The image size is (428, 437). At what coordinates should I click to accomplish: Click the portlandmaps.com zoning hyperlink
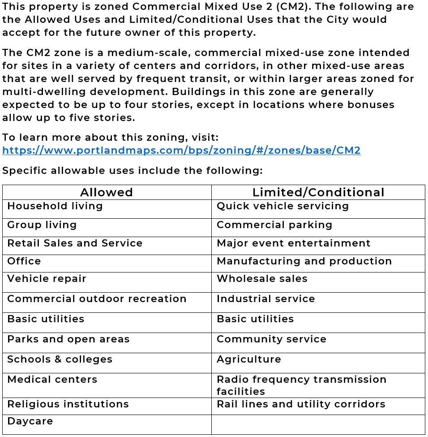pos(181,151)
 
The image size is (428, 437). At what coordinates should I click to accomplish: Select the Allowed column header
pos(107,192)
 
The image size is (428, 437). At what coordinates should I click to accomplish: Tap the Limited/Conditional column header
pos(318,192)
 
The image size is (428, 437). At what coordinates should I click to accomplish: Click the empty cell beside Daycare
pos(318,424)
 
